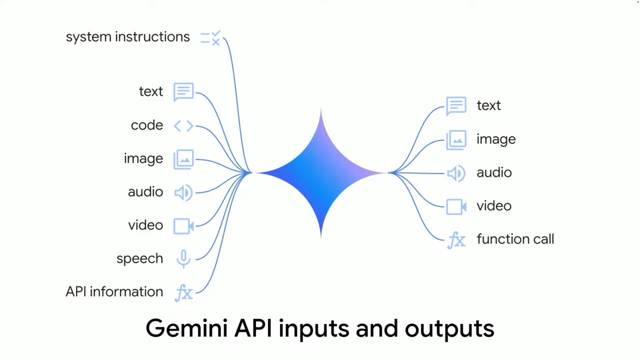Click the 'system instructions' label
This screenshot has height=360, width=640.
pos(127,37)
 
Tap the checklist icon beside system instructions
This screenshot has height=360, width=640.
pos(210,38)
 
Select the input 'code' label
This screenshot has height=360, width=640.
pos(147,125)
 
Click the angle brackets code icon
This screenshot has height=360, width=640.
pos(183,125)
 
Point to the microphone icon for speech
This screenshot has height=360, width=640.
pos(183,259)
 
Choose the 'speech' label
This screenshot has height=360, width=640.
pos(139,259)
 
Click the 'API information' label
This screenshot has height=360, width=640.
pos(114,291)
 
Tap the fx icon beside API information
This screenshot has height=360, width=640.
pos(184,293)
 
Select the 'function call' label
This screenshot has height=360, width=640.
pos(515,239)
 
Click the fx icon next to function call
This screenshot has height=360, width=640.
pos(456,240)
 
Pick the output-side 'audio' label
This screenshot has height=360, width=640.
pos(494,172)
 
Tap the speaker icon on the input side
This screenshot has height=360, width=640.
pos(183,192)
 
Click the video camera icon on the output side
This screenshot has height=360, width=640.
pos(456,206)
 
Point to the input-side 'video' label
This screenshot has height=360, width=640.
pos(145,225)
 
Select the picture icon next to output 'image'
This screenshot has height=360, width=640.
pos(456,140)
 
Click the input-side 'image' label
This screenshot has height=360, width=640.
pos(143,158)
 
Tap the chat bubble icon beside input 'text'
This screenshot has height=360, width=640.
pos(183,92)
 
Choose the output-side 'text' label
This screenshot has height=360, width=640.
pos(489,105)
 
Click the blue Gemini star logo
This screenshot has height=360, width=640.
pos(321,173)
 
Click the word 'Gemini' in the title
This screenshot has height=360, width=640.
pos(186,328)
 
